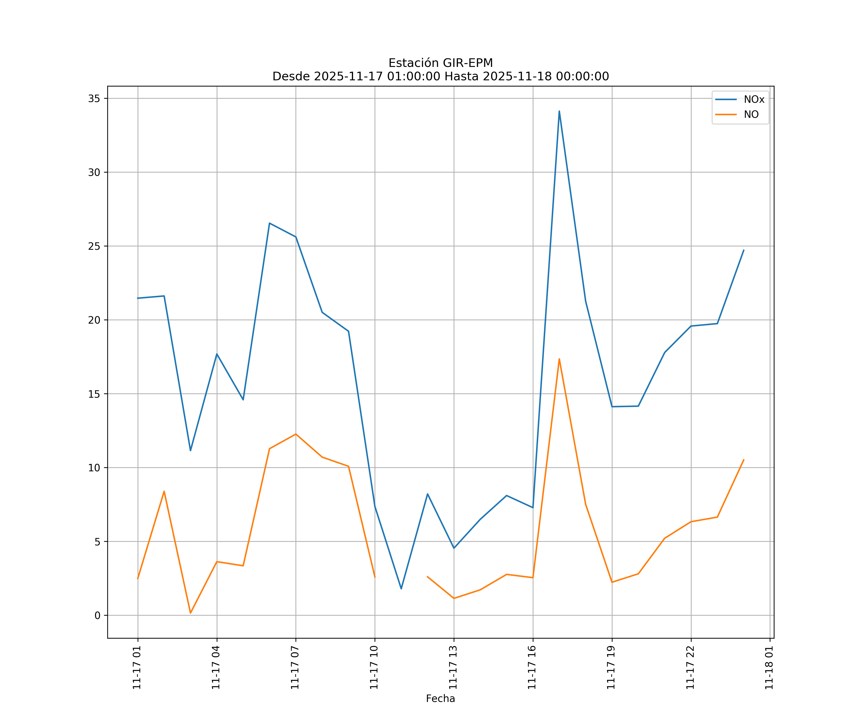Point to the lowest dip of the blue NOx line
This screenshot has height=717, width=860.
[401, 589]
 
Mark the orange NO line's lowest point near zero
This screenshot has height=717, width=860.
[190, 613]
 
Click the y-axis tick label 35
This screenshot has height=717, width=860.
[94, 98]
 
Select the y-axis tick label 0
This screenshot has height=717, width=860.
[97, 615]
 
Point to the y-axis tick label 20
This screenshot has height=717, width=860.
[94, 320]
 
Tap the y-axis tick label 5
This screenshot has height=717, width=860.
[97, 542]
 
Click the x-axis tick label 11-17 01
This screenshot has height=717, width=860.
[137, 668]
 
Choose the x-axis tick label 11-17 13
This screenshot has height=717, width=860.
[453, 668]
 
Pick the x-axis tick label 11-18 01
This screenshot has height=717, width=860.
[769, 668]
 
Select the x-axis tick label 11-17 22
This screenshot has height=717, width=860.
[690, 668]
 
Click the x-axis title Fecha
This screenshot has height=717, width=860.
[440, 699]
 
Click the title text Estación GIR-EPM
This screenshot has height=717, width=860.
[441, 63]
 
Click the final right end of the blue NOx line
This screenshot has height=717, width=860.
[744, 250]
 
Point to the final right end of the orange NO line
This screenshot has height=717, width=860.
[744, 460]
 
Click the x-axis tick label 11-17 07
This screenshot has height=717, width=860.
[295, 668]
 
